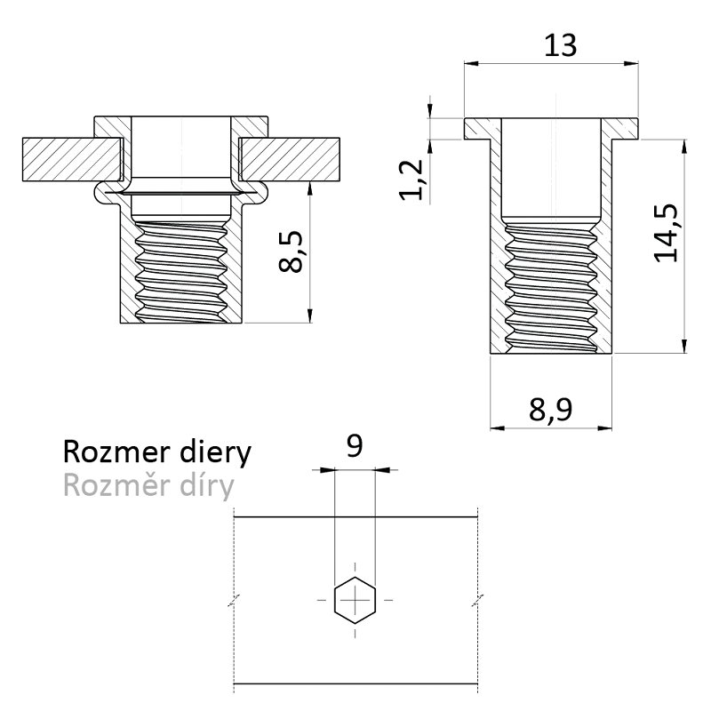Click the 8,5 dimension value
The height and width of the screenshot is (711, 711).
click(x=293, y=253)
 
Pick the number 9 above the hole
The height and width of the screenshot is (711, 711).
click(x=355, y=445)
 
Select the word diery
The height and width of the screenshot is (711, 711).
click(x=210, y=453)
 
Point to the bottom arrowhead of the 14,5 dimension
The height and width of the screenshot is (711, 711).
click(x=683, y=346)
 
